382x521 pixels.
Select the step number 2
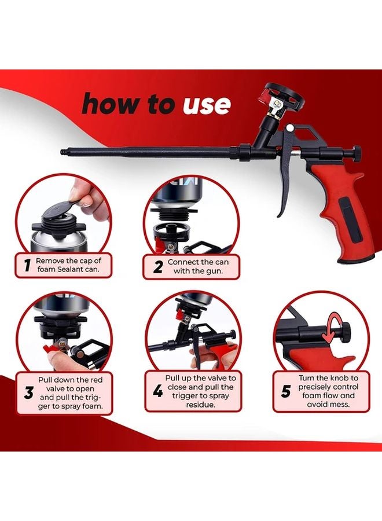tap(158, 267)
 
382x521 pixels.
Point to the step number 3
tap(28, 392)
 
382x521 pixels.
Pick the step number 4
tap(158, 391)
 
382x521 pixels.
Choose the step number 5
tap(285, 391)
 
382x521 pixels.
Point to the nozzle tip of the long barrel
tap(63, 152)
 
